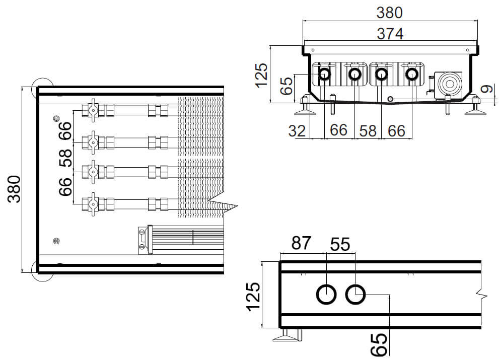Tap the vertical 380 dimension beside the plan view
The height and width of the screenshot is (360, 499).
(15, 189)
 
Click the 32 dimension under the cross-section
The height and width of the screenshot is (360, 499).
(298, 130)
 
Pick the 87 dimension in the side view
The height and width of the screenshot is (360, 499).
(302, 245)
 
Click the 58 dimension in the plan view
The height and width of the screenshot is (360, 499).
(65, 158)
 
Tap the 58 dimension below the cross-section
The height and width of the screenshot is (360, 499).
(368, 130)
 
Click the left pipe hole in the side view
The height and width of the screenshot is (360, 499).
(326, 294)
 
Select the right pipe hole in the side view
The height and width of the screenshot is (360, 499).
(355, 294)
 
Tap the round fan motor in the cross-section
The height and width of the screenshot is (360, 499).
(448, 83)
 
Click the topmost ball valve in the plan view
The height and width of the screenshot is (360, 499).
(93, 110)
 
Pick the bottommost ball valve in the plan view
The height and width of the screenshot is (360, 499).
(93, 203)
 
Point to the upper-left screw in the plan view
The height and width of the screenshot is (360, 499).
(55, 118)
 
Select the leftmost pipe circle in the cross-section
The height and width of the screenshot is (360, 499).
(324, 75)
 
